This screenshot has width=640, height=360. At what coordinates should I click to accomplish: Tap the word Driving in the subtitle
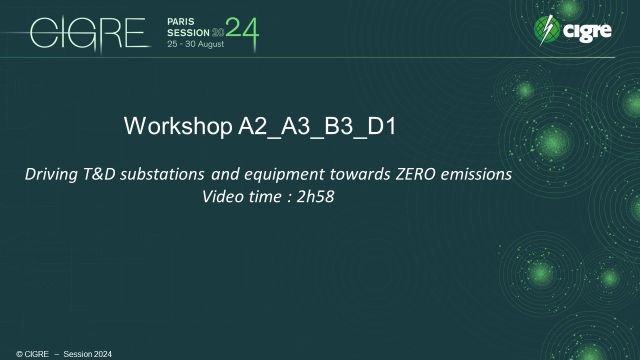pos(52,175)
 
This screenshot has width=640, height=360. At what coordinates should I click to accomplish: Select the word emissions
pos(476,175)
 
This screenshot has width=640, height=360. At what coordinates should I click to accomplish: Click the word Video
pos(223,196)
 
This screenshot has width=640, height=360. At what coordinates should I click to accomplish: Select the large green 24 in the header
pos(243,34)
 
